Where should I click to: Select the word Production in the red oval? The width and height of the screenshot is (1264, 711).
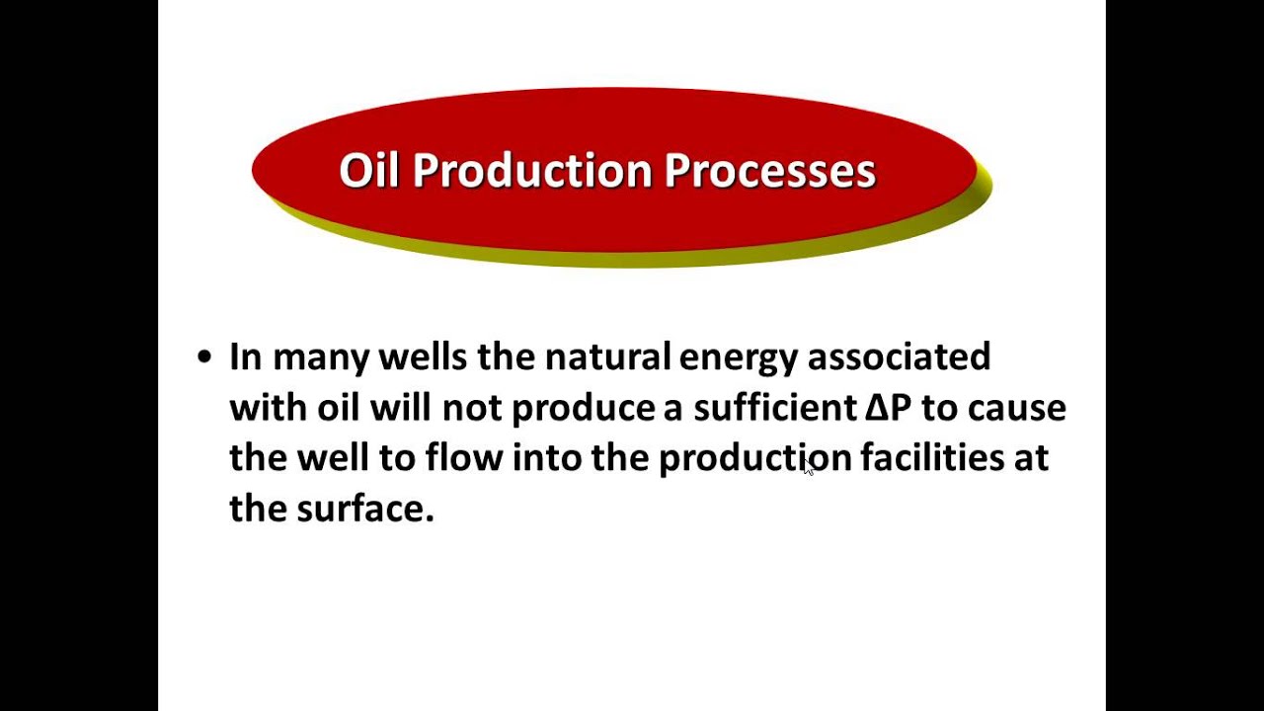[x=533, y=170]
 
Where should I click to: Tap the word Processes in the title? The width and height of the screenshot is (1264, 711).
[x=770, y=170]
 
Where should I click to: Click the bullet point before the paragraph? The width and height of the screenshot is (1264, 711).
[x=204, y=356]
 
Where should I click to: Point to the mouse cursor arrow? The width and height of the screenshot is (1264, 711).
[x=809, y=469]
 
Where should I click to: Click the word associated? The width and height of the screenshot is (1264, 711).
[x=899, y=356]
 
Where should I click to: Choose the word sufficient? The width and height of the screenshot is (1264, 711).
[x=774, y=408]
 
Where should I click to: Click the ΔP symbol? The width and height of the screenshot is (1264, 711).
[x=888, y=408]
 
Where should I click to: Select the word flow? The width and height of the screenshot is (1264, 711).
[x=463, y=458]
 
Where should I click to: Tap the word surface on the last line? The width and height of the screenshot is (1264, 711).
[x=364, y=509]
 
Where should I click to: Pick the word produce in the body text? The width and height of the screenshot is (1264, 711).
[x=583, y=408]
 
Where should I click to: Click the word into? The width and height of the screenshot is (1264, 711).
[x=546, y=458]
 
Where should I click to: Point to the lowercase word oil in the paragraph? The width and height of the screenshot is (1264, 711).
[x=338, y=408]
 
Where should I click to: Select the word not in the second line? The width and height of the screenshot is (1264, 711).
[x=472, y=408]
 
